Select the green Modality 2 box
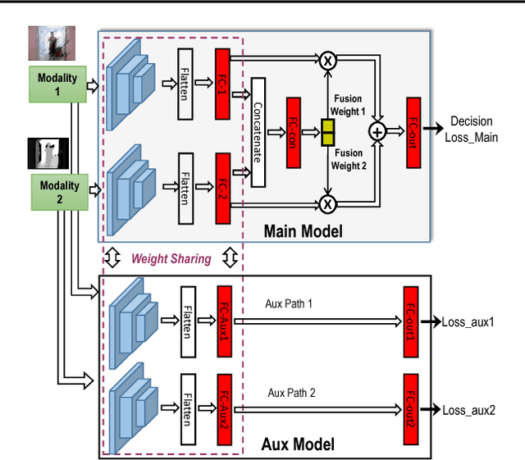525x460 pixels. [x=58, y=191]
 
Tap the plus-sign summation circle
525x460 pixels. [x=377, y=130]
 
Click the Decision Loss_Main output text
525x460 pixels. [x=471, y=130]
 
